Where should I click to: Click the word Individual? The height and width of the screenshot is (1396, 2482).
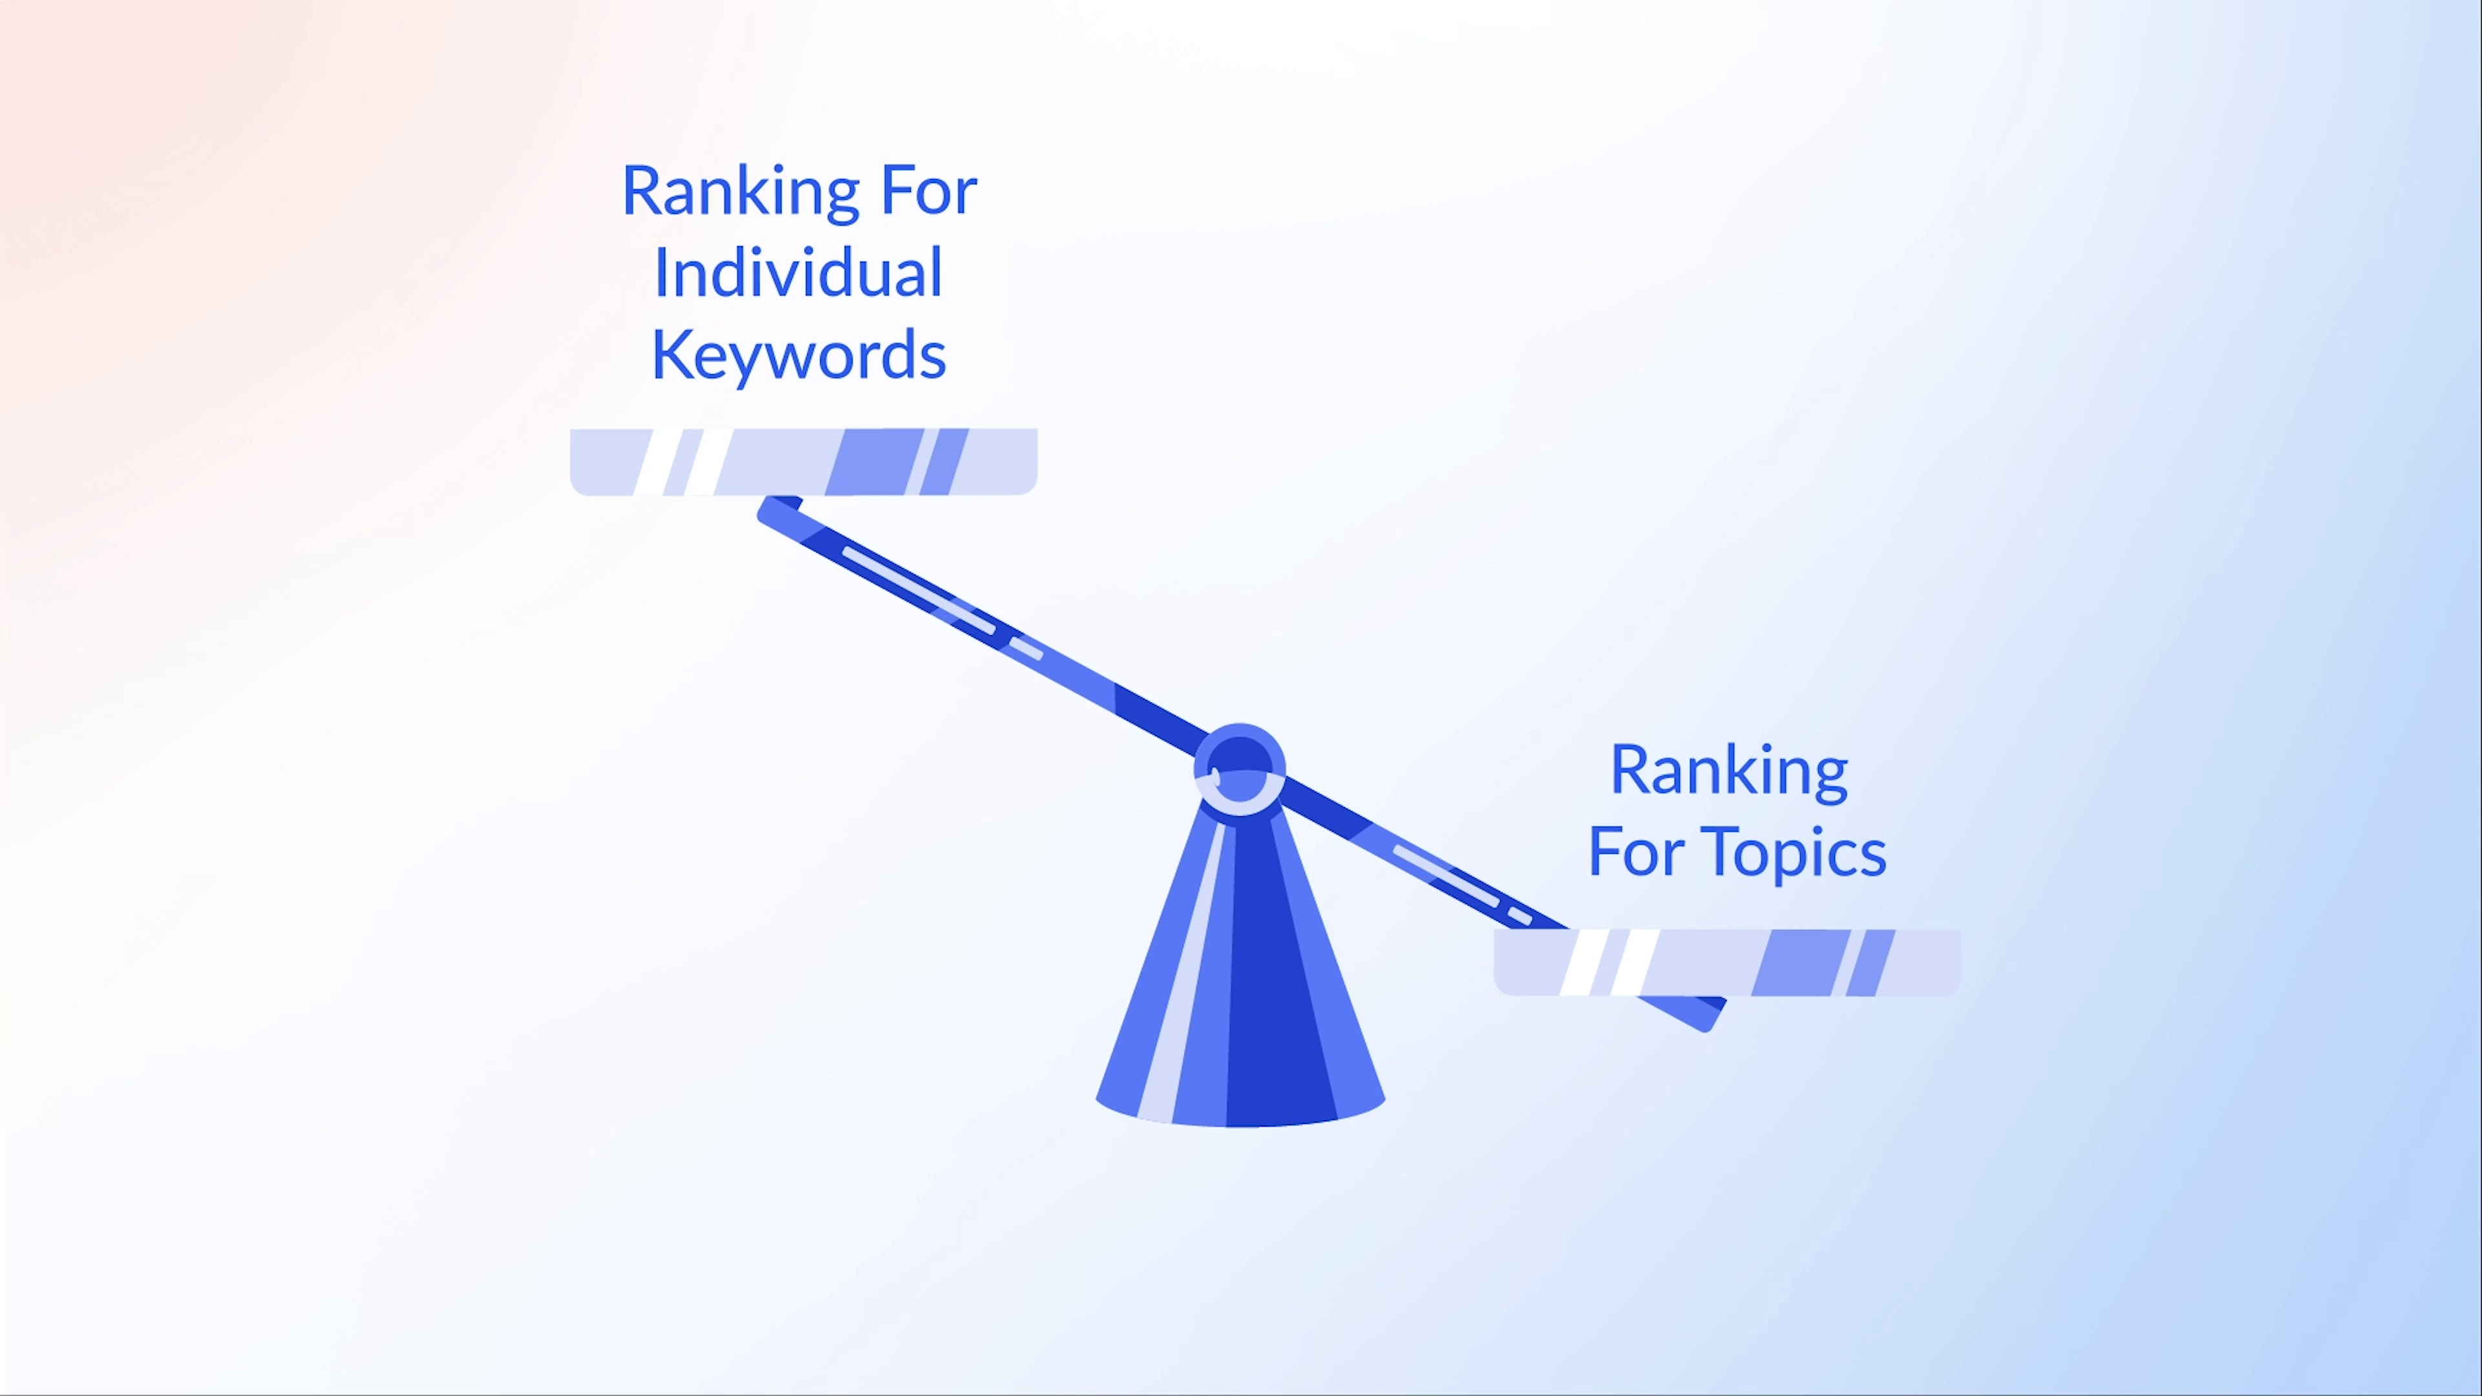point(798,273)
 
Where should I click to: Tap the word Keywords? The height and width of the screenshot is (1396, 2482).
point(799,355)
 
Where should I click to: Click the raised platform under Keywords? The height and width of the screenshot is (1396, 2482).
point(803,463)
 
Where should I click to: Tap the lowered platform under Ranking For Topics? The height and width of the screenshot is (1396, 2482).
point(1726,962)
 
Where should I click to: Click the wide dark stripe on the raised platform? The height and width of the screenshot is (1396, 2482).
point(868,463)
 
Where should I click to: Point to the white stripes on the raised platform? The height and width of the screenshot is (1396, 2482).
point(683,463)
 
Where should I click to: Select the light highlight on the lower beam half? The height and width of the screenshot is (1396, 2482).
point(1445,875)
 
